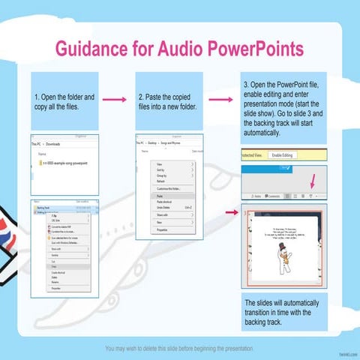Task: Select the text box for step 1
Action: (65, 101)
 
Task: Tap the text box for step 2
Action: (169, 101)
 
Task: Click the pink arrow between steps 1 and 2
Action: (114, 99)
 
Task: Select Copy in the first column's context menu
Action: (55, 266)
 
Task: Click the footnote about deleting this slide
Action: (180, 349)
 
